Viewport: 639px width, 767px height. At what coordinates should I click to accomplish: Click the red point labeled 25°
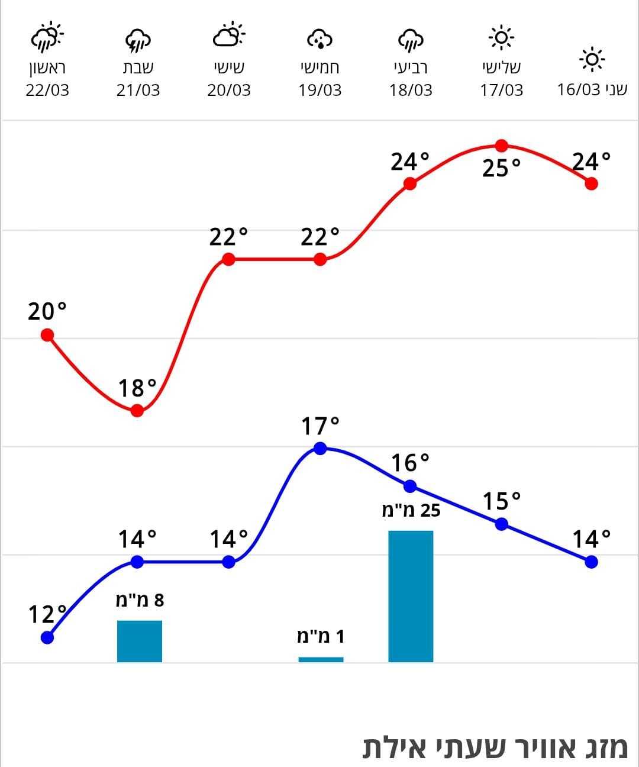(502, 146)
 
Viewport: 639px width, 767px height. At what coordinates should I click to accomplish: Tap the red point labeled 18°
(137, 411)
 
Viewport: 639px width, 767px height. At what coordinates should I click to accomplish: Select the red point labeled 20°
(47, 336)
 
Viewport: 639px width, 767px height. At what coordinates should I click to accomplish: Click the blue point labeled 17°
(320, 449)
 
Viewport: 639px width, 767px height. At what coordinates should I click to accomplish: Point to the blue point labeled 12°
(47, 637)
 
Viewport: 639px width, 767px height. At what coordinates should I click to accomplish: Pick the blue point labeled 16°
(410, 486)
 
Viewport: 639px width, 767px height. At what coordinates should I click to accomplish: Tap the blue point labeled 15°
(502, 524)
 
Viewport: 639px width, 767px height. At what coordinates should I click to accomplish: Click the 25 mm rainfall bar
(411, 596)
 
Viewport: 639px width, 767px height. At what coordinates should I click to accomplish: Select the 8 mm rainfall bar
(140, 641)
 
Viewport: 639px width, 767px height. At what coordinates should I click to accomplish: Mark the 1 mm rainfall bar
(321, 659)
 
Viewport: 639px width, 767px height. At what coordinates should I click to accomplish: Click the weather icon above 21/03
(138, 41)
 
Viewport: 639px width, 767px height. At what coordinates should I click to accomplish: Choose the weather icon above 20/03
(228, 36)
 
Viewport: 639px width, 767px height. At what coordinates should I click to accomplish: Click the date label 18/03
(411, 91)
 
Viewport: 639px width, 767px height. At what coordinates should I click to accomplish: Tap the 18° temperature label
(137, 389)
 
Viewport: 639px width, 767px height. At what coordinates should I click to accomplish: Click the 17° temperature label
(320, 426)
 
